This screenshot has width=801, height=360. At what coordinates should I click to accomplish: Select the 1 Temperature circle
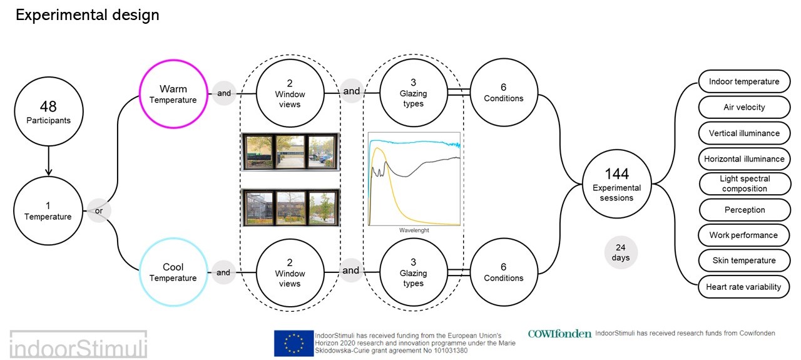[48, 210]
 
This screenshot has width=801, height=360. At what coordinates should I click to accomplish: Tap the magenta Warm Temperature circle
[173, 93]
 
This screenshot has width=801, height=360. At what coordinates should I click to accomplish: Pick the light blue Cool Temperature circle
[173, 272]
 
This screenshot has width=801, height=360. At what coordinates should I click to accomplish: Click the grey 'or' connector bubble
[99, 210]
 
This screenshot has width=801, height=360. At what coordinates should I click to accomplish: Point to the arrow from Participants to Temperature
[48, 161]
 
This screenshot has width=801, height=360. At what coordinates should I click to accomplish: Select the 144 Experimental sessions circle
[616, 183]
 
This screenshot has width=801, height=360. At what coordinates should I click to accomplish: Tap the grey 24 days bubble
[621, 252]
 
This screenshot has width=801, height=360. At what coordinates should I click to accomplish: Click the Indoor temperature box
[743, 82]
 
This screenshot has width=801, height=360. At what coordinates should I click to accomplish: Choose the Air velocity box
[743, 107]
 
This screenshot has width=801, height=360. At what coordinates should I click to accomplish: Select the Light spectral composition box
[744, 183]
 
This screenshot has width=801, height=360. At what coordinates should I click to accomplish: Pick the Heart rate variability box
[743, 287]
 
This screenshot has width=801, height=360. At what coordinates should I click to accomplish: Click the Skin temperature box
[743, 260]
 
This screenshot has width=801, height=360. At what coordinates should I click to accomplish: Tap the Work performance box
[743, 235]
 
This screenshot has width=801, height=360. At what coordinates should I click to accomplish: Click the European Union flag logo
[293, 342]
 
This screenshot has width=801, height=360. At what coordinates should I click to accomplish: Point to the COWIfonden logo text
[559, 334]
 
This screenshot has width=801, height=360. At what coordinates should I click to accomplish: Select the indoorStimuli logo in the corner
[78, 345]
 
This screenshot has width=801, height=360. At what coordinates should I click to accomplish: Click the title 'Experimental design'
[88, 15]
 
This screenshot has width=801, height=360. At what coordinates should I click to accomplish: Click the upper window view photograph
[290, 152]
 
